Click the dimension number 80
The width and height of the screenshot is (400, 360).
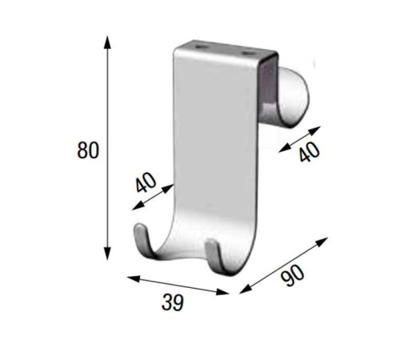click(88, 150)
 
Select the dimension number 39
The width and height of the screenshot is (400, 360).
click(173, 302)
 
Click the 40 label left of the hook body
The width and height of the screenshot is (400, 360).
click(145, 183)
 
